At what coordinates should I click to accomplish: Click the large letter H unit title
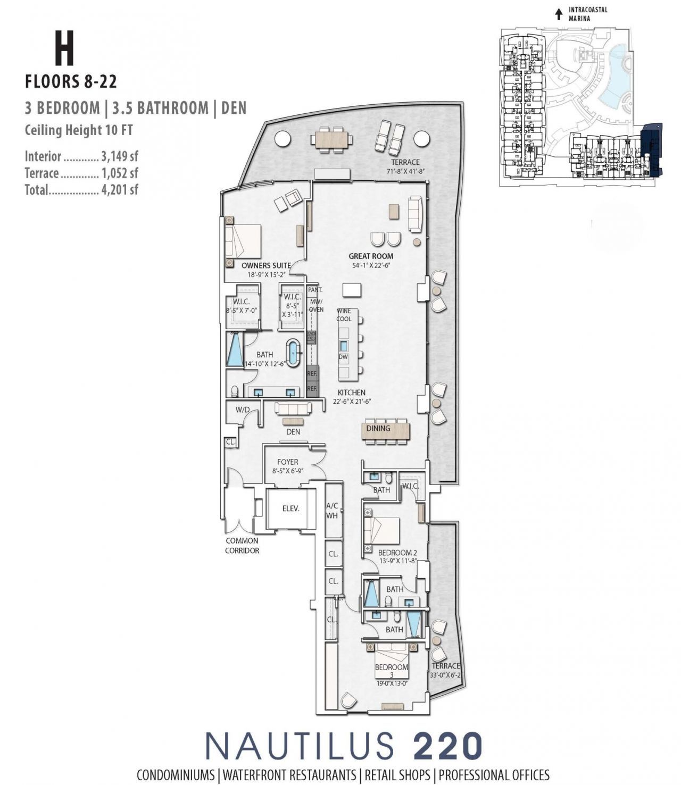64,48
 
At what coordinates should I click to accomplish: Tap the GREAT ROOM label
371,256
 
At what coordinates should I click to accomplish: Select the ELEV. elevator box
290,508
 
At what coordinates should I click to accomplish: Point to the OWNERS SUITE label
266,265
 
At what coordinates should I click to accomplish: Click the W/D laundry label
243,410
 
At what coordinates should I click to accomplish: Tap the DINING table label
378,428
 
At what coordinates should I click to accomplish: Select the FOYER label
287,462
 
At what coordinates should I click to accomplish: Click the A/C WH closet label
332,511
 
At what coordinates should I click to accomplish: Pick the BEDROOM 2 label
397,553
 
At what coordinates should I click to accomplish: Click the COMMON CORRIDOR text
242,546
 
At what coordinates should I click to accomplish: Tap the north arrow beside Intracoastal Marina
558,14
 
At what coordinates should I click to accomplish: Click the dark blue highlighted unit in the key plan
652,149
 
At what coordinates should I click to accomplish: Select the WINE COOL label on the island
344,315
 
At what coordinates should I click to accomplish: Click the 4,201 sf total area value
120,190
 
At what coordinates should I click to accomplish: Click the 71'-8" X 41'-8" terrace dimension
405,171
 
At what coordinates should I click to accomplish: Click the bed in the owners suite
243,242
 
